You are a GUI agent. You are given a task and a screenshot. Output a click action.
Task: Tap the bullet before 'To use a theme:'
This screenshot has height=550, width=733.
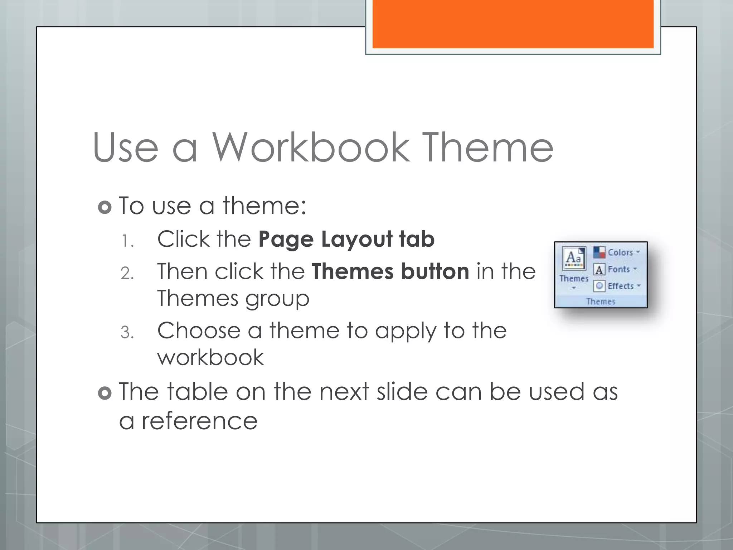[x=105, y=207]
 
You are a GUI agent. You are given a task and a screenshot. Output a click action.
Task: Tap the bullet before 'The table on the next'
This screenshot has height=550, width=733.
[x=105, y=393]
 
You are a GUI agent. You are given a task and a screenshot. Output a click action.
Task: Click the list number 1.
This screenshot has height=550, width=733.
[x=127, y=241]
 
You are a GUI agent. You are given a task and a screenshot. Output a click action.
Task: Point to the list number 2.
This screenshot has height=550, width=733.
[x=127, y=274]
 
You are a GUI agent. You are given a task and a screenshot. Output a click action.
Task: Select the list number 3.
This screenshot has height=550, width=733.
[x=127, y=333]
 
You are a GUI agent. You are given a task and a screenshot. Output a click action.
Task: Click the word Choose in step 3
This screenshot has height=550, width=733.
[x=199, y=331]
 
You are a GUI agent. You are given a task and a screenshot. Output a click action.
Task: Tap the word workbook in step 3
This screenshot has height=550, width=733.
[x=210, y=358]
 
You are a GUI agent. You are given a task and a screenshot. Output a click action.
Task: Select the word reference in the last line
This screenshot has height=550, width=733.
[x=199, y=421]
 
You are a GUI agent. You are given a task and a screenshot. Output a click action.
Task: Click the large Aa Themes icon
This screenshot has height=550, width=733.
[x=574, y=258]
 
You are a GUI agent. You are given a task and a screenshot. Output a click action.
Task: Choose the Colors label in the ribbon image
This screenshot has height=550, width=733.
[x=620, y=252]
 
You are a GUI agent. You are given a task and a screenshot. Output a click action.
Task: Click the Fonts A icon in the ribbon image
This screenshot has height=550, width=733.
[x=599, y=269]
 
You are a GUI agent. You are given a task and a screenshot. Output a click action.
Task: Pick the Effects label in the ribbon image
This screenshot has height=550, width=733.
[x=621, y=286]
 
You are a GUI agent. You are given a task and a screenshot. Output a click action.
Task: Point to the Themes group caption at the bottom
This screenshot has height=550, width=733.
[x=601, y=301]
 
